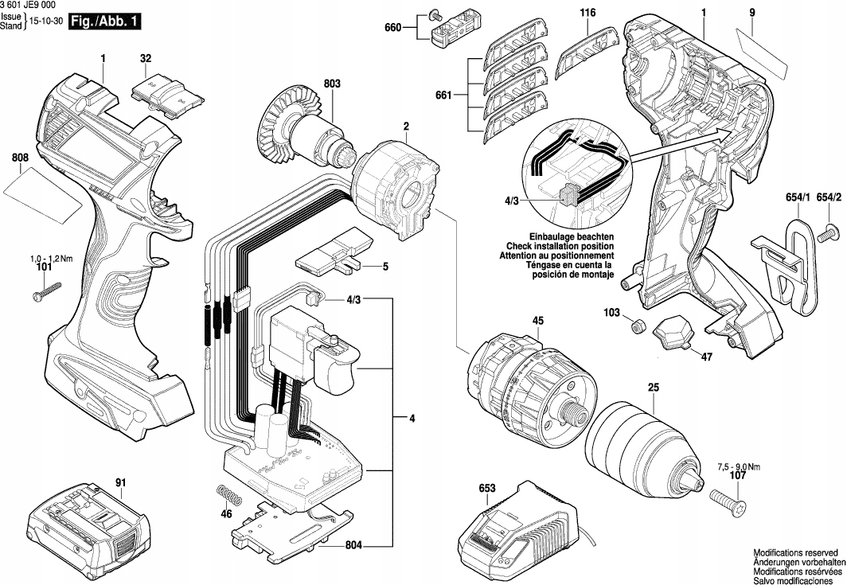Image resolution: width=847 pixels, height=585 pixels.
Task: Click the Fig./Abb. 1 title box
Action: point(105,22)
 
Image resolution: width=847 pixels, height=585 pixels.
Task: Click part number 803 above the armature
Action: point(332,84)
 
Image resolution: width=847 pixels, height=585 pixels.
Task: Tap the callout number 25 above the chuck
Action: point(654,388)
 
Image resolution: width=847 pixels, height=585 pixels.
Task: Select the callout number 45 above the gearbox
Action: point(537,321)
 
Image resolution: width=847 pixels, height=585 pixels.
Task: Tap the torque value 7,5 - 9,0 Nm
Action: point(739,466)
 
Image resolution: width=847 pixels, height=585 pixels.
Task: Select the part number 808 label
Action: point(20,158)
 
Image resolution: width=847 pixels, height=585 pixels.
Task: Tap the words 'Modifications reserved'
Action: point(796,553)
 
